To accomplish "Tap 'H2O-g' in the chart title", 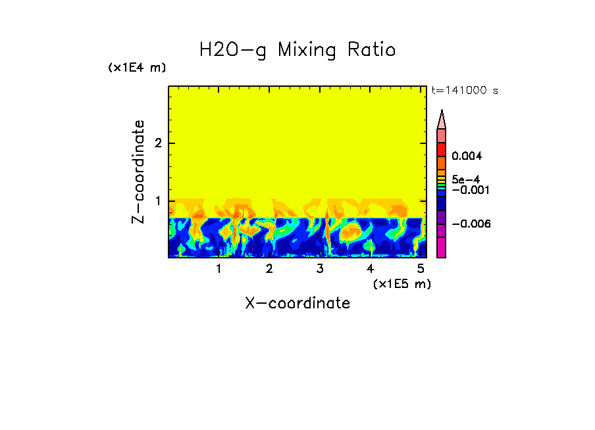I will point(233,51).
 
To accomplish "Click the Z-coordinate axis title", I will point(138,172).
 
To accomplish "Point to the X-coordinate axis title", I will point(297,303).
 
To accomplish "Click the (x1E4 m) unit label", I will point(137,68).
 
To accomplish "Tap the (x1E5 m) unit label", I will point(401,283).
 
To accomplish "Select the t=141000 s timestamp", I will point(464,91).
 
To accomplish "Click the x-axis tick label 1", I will point(219,269).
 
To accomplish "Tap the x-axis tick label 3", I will point(320,269).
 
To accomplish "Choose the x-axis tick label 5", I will point(421,269).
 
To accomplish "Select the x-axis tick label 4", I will point(371,269).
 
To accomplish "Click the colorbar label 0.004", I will point(467,156).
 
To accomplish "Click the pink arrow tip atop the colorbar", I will point(442,119).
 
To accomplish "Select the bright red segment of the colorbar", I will point(442,149).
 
